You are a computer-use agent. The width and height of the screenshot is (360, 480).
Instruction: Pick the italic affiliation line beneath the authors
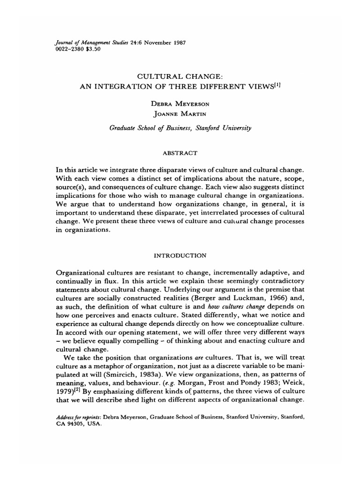pyautogui.click(x=180, y=127)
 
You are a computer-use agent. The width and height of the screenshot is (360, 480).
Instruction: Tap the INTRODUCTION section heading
pyautogui.click(x=180, y=255)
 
